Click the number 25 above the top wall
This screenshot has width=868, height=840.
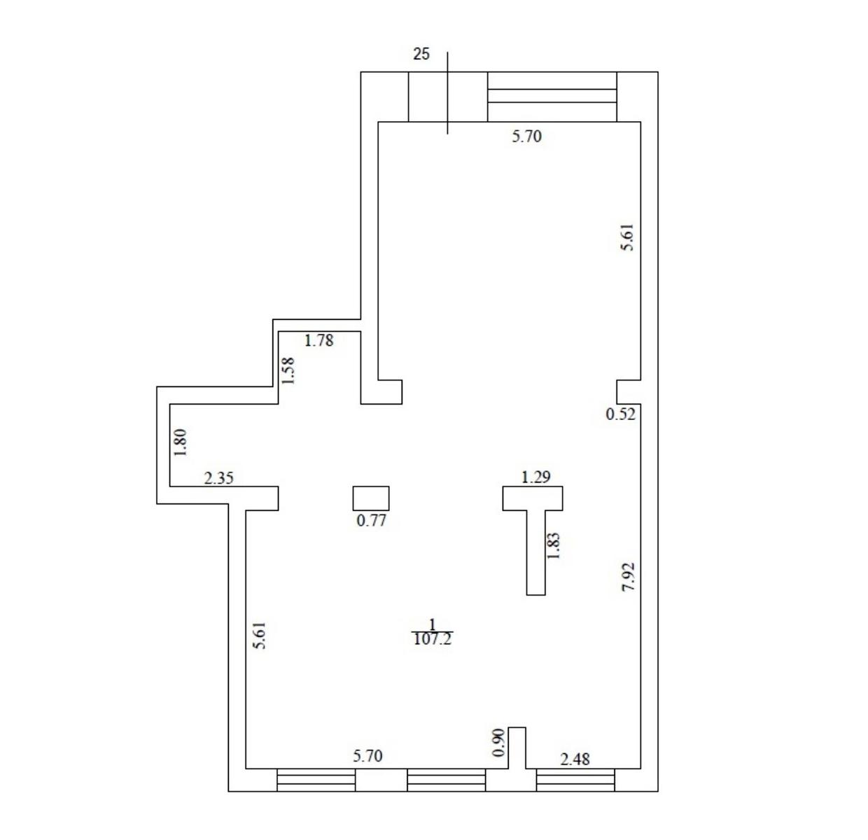(x=421, y=54)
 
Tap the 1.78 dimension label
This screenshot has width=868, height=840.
(x=318, y=340)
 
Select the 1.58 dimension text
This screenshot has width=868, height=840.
(x=288, y=371)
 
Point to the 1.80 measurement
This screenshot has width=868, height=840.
(x=181, y=442)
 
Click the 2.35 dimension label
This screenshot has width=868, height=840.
(x=218, y=478)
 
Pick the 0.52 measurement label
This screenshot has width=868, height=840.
(x=620, y=414)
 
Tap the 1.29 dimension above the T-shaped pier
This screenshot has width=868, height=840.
(x=535, y=477)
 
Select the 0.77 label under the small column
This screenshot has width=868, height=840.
(x=371, y=520)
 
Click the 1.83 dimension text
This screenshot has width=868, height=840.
(x=553, y=545)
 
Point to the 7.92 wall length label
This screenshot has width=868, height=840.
(x=628, y=577)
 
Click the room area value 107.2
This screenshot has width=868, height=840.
(x=432, y=639)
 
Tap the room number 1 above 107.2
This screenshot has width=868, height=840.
(x=432, y=624)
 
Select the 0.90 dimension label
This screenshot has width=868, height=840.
(x=499, y=742)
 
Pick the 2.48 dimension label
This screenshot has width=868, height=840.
(x=575, y=759)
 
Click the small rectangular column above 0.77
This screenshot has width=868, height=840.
(x=371, y=498)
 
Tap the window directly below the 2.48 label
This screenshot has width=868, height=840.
(x=575, y=780)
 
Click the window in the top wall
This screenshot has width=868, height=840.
(x=552, y=97)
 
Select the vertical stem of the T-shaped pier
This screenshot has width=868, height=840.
(x=535, y=552)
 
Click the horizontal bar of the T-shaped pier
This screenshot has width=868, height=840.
(x=533, y=498)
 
